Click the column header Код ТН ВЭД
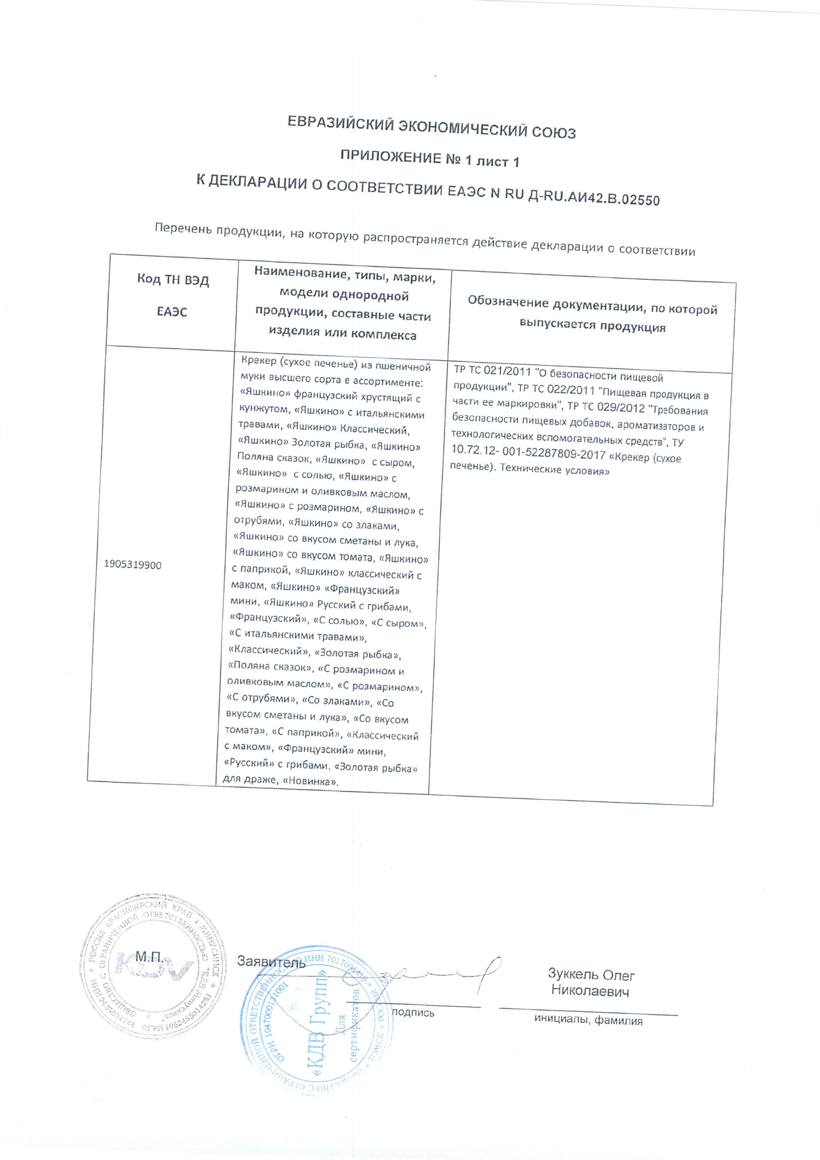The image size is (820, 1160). coord(173,280)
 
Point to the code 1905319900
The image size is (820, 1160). coord(133,565)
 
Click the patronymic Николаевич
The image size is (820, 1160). coord(590,991)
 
